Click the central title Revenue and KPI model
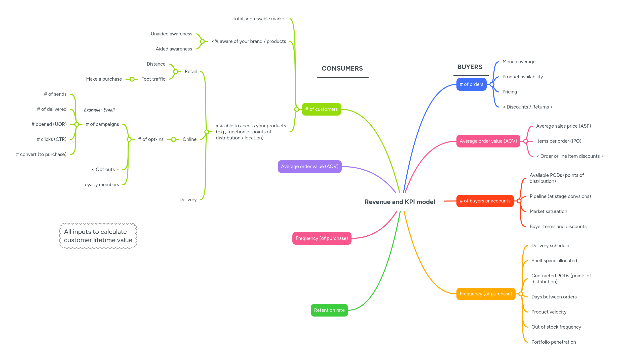click(400, 202)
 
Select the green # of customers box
click(321, 109)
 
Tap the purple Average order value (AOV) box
click(309, 167)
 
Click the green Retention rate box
click(329, 310)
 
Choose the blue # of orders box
click(471, 84)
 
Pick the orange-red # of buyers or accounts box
click(485, 201)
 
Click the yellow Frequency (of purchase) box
click(486, 294)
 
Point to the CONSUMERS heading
click(342, 68)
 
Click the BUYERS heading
click(470, 67)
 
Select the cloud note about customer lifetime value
click(98, 236)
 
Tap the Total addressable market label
click(259, 19)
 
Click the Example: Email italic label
click(99, 110)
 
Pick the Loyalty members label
click(101, 185)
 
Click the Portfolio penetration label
click(554, 342)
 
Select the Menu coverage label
click(519, 62)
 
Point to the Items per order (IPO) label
click(559, 141)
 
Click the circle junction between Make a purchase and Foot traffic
click(132, 79)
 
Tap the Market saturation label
click(548, 212)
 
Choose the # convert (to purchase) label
click(41, 154)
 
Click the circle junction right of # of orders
click(492, 84)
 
